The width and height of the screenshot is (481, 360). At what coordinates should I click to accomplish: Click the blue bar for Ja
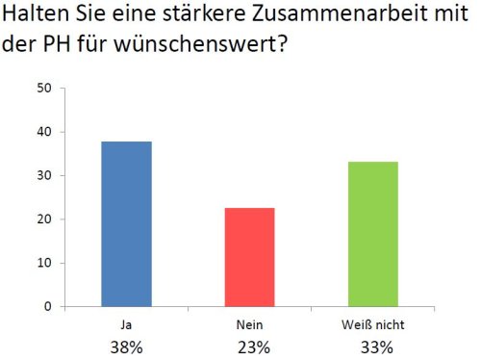click(125, 224)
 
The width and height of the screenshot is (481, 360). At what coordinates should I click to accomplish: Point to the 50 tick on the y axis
click(44, 88)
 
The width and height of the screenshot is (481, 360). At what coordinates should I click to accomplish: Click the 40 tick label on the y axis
click(44, 132)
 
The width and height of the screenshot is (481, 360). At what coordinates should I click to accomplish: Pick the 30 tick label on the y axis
click(44, 175)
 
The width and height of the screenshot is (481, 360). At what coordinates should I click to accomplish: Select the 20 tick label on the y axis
click(44, 219)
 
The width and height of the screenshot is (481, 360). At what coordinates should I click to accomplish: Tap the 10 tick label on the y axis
click(44, 263)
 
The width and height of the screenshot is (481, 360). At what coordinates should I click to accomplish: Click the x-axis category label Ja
click(125, 325)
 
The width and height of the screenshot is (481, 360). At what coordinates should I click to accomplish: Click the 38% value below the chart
click(125, 346)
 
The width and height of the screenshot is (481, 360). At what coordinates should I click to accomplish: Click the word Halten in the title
click(38, 17)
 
